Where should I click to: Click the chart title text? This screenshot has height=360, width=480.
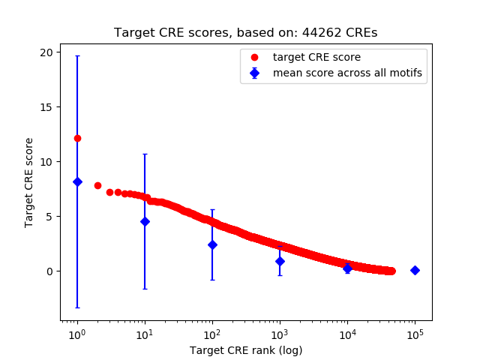coord(245,33)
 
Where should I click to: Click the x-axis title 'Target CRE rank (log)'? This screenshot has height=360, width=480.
coord(245,350)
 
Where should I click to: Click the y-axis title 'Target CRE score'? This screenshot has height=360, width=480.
coord(29,182)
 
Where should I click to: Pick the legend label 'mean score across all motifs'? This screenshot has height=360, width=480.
coord(347,73)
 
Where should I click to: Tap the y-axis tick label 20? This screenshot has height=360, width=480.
coord(46,52)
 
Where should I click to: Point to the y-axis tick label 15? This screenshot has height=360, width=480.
coord(46,106)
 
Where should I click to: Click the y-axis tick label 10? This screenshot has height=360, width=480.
coord(46,161)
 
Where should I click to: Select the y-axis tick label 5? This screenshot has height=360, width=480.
coord(49,216)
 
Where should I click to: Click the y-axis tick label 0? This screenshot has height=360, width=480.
coord(49,271)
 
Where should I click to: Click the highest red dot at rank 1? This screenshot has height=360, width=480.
coord(77,138)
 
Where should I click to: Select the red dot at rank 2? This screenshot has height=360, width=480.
coord(97,185)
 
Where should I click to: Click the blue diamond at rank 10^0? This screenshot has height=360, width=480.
coord(77,181)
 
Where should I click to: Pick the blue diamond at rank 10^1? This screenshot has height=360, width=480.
coord(145,221)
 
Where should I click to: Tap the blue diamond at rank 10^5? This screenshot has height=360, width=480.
coord(415,270)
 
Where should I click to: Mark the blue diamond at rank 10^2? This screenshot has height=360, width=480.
coord(212,244)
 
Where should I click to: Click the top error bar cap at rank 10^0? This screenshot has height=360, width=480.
coord(77,56)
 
